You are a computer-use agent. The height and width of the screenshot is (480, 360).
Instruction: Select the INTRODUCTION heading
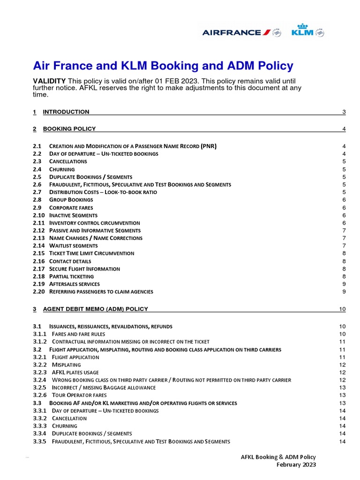pyautogui.click(x=66, y=112)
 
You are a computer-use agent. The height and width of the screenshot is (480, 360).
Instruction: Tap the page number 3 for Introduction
pyautogui.click(x=344, y=112)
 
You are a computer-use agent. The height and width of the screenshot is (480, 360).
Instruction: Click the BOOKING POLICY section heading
pyautogui.click(x=69, y=128)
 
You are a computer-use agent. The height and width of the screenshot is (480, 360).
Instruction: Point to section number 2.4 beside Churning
pyautogui.click(x=37, y=169)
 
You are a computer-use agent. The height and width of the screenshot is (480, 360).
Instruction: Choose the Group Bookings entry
pyautogui.click(x=71, y=200)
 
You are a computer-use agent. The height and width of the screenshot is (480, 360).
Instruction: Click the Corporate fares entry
pyautogui.click(x=71, y=207)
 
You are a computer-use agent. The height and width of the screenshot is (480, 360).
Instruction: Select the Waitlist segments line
pyautogui.click(x=73, y=246)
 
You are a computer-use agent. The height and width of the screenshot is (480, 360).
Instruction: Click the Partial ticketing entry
pyautogui.click(x=71, y=276)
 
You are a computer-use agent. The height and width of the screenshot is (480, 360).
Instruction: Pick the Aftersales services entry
pyautogui.click(x=74, y=284)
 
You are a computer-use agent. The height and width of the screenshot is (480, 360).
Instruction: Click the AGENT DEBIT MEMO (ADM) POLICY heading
pyautogui.click(x=95, y=309)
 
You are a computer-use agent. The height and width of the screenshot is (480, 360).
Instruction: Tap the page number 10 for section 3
pyautogui.click(x=342, y=309)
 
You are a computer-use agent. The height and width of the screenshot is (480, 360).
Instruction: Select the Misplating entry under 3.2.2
pyautogui.click(x=66, y=365)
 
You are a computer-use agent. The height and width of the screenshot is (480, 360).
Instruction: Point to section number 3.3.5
pyautogui.click(x=40, y=441)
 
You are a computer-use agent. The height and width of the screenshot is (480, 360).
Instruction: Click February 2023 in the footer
pyautogui.click(x=296, y=465)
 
